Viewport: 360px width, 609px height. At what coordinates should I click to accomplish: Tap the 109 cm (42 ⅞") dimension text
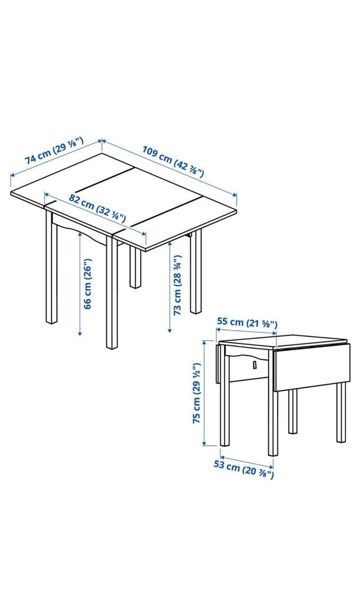pos(173,163)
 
